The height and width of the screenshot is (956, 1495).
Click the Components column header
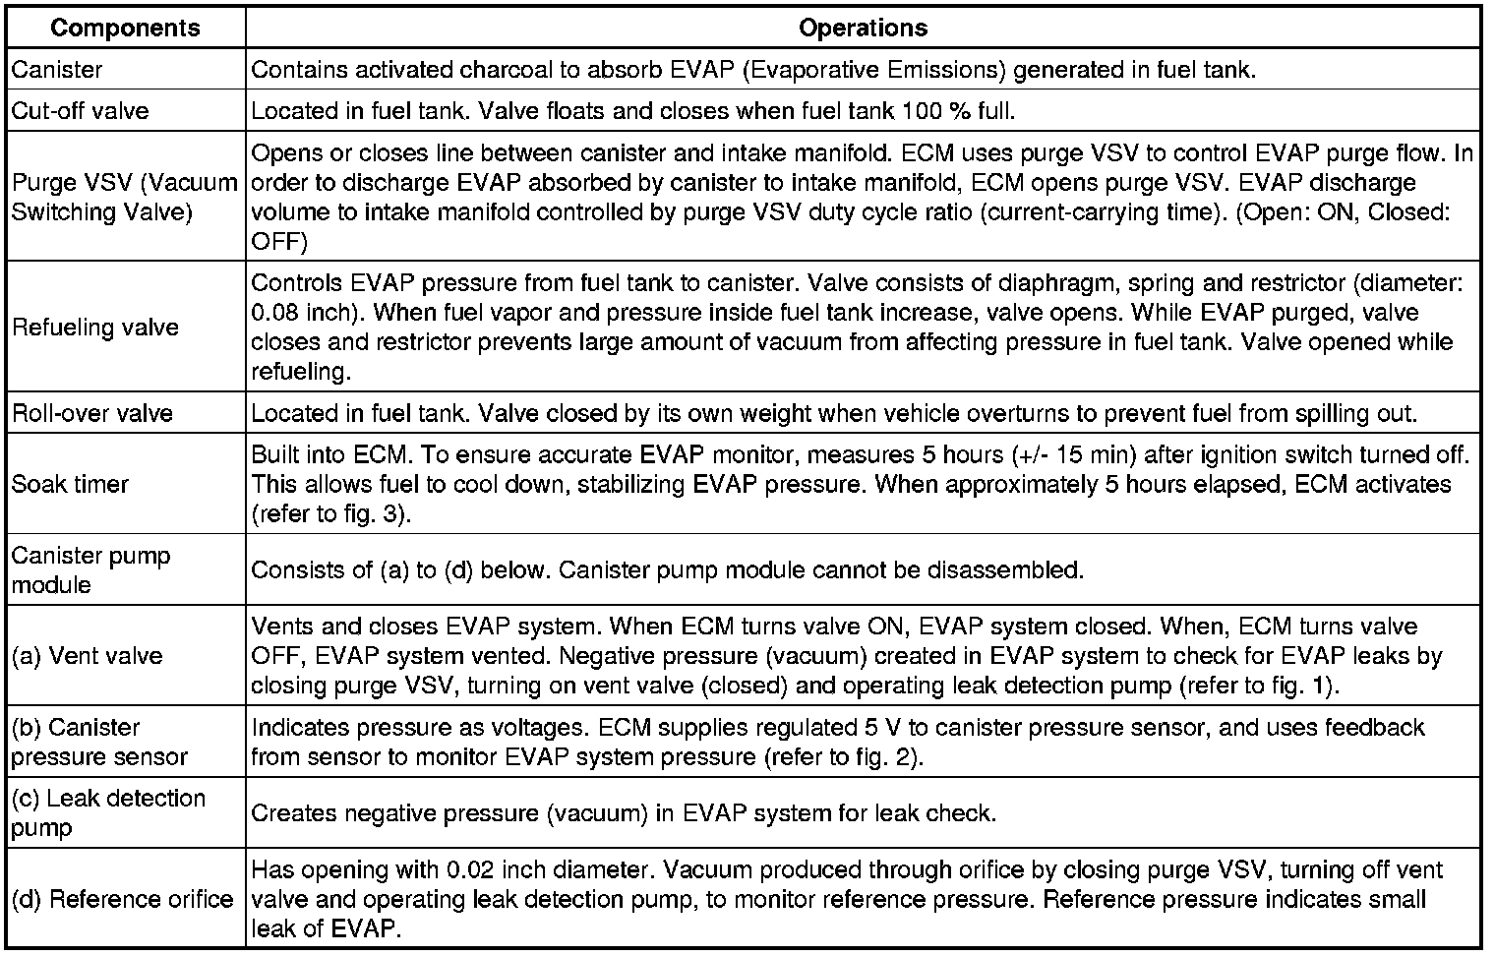tap(125, 28)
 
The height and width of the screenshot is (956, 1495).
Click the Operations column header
tap(863, 28)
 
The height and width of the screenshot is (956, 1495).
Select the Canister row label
tap(57, 70)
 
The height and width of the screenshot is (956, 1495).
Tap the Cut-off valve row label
tap(80, 110)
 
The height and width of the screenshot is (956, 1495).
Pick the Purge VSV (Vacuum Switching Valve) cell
tap(124, 197)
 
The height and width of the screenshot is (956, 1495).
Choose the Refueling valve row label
tap(95, 328)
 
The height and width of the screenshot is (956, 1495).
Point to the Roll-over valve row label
tap(92, 412)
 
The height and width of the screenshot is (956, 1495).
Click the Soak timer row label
tap(70, 484)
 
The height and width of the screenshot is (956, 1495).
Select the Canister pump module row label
tap(90, 569)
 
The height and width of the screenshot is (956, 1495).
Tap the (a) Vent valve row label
tap(87, 655)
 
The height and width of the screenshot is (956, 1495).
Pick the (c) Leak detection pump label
tap(108, 812)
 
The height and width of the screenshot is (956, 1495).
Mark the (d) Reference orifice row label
tap(122, 899)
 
